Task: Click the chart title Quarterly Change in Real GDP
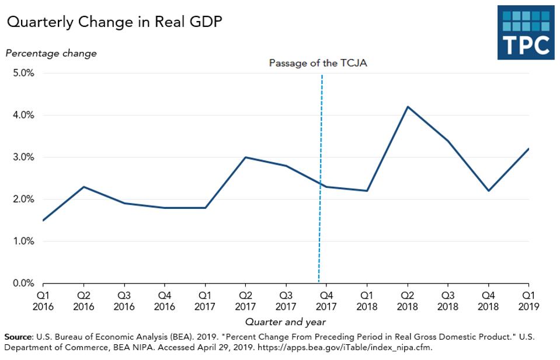click(114, 22)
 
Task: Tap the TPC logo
click(525, 33)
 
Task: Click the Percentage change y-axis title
click(51, 53)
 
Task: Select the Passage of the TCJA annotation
click(318, 63)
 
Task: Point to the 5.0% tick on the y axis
click(23, 74)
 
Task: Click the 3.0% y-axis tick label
click(23, 158)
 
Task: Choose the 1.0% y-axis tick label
click(23, 242)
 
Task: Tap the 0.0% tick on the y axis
click(23, 284)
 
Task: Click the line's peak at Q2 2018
click(408, 107)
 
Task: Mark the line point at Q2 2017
click(246, 158)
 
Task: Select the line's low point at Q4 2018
click(488, 191)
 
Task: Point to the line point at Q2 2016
click(84, 187)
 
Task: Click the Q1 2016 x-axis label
click(43, 301)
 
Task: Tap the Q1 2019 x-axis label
click(528, 301)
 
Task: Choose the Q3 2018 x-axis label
click(448, 301)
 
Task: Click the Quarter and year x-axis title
click(286, 322)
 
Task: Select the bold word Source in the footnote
click(18, 337)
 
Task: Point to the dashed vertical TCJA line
click(321, 175)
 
